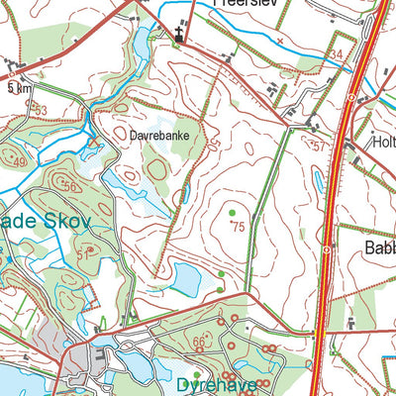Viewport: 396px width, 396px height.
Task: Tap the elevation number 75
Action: click(x=238, y=227)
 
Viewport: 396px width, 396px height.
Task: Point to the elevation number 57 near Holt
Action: click(x=318, y=146)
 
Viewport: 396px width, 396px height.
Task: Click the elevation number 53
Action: click(x=40, y=110)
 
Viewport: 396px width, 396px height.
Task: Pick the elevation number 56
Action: click(x=68, y=186)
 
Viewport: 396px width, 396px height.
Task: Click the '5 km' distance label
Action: click(x=17, y=89)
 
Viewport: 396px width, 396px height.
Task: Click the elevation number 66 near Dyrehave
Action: click(x=200, y=342)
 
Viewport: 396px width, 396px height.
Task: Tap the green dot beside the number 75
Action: click(x=232, y=213)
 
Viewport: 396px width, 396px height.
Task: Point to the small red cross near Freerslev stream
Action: click(x=280, y=42)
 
